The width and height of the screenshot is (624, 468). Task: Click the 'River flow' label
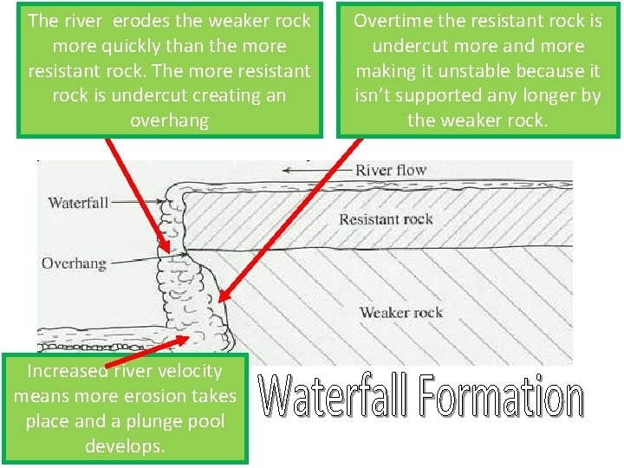[390, 170]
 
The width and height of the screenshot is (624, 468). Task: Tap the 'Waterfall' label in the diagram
[78, 203]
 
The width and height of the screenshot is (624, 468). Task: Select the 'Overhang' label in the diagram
[74, 263]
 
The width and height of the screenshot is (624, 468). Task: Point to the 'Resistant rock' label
[386, 219]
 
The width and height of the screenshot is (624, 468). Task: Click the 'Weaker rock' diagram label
[400, 312]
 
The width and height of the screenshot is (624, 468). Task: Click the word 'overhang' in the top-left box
[169, 120]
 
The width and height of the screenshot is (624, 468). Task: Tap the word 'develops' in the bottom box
[125, 446]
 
